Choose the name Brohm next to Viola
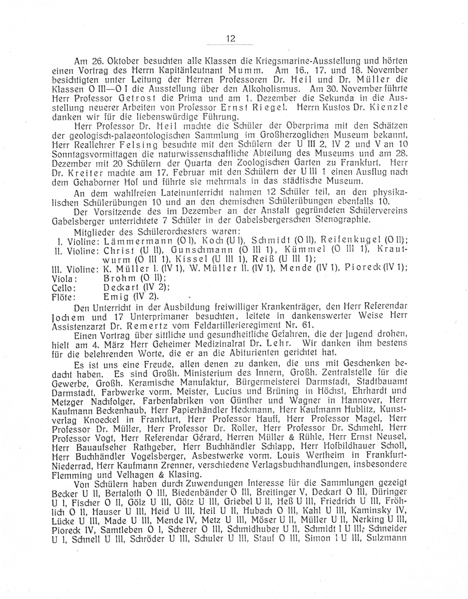120,278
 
